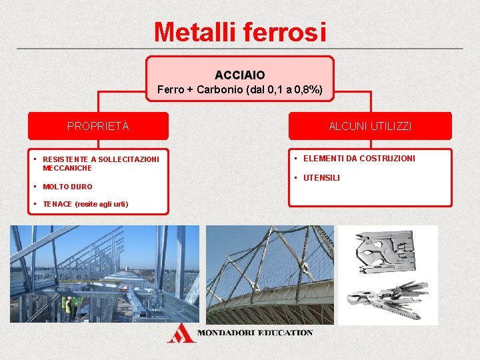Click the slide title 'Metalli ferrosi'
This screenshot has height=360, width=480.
pos(240,31)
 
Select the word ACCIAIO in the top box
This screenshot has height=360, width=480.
pos(239,76)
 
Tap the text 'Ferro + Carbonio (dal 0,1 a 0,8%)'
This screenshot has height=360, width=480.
pos(239,90)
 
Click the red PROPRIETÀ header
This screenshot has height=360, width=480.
pos(98,126)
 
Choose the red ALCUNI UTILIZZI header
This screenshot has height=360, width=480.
pos(370,126)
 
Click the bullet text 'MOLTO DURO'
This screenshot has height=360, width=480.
pos(67,187)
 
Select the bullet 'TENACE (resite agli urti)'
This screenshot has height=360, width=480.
pos(85,204)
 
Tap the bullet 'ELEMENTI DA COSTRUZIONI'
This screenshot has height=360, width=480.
pos(359,158)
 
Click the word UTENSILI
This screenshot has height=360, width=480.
pos(321,178)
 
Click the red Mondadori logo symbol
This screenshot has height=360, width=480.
pos(181,333)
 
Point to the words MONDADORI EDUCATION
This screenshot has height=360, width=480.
pos(255,333)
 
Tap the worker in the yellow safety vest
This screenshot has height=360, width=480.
pos(67,306)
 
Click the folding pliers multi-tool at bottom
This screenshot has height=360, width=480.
pos(390,299)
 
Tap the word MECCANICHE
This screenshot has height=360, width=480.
pos(67,168)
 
